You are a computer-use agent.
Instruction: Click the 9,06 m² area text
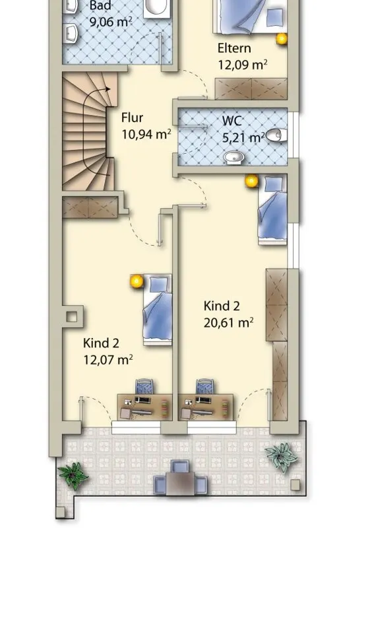[x=110, y=22]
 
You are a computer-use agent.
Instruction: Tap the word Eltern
[x=234, y=48]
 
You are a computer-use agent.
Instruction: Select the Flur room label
[x=132, y=118]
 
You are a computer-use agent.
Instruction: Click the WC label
[x=232, y=121]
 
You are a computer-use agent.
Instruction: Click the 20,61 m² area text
[x=228, y=323]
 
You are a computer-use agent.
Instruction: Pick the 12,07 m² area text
[x=108, y=359]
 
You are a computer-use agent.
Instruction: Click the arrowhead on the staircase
[x=108, y=89]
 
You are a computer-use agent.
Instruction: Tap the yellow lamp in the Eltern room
[x=282, y=38]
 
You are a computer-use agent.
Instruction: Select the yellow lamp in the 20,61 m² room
[x=251, y=181]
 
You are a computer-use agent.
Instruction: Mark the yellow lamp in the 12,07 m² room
[x=137, y=281]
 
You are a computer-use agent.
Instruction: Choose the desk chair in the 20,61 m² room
[x=205, y=386]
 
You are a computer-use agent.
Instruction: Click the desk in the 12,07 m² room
[x=142, y=407]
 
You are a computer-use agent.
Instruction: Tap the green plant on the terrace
[x=73, y=475]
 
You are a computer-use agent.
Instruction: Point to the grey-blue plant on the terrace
[x=282, y=456]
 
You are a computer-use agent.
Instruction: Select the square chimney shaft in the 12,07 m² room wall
[x=72, y=317]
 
